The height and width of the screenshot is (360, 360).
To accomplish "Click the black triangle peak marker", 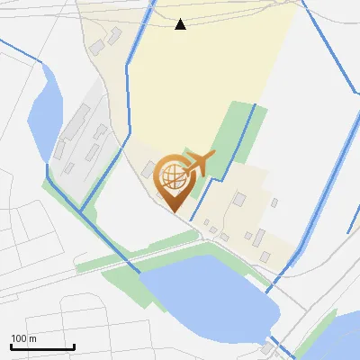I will pyautogui.click(x=181, y=24).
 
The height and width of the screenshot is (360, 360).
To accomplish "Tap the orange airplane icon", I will pyautogui.click(x=200, y=162).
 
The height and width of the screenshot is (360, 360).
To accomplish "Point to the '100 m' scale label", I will pyautogui.click(x=24, y=338).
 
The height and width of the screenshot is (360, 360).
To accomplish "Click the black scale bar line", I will pyautogui.click(x=42, y=346).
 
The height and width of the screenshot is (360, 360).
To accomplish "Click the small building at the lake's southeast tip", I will pyautogui.click(x=267, y=348).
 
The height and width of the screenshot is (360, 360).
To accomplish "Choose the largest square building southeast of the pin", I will pyautogui.click(x=239, y=200).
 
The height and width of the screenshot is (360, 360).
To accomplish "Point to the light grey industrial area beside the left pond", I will pyautogui.click(x=85, y=135).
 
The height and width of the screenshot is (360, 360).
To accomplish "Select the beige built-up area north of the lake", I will pyautogui.click(x=243, y=216).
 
